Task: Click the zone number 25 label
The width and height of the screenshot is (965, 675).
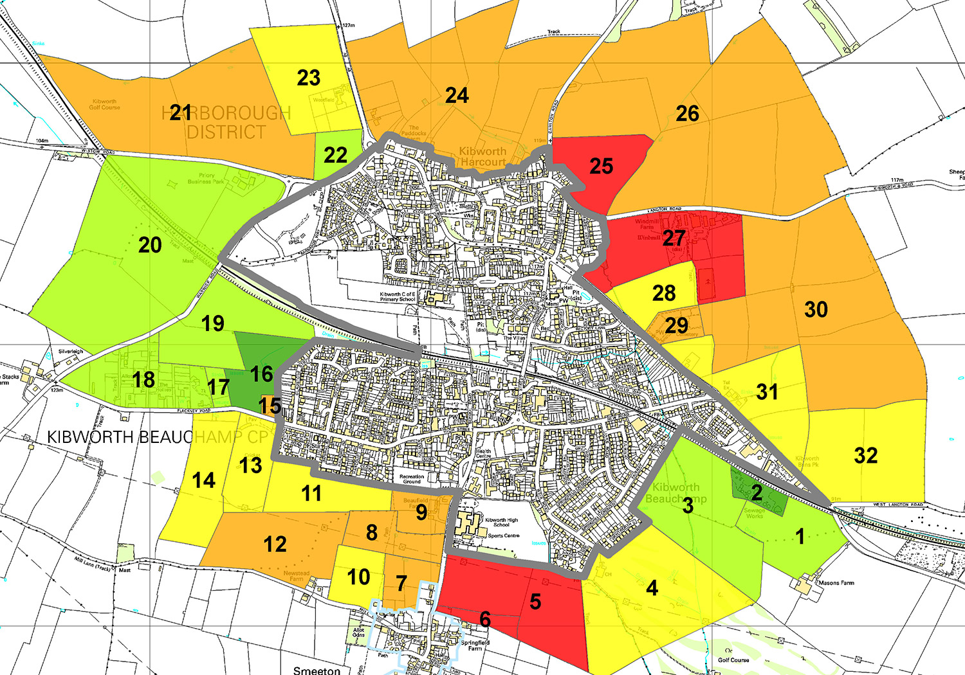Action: tap(602, 166)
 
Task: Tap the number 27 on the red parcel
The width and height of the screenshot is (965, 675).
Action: tap(674, 238)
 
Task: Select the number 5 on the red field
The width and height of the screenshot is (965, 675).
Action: tap(535, 602)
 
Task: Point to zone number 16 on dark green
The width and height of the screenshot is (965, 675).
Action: tap(262, 373)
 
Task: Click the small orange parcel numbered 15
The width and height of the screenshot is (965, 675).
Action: tap(270, 406)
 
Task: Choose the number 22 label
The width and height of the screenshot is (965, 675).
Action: tap(335, 155)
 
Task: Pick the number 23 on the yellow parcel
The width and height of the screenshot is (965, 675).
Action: tap(309, 78)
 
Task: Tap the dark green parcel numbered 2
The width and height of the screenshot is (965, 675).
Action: tap(757, 493)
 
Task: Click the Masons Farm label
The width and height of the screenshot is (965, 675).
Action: tap(836, 583)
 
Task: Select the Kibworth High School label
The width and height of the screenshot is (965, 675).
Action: tap(501, 523)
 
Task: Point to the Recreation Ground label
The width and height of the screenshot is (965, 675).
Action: tap(412, 479)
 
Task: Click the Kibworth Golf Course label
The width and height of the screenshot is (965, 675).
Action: tap(104, 104)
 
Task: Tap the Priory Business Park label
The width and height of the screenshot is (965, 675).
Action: tap(207, 178)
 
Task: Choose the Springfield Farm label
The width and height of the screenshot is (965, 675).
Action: tap(475, 645)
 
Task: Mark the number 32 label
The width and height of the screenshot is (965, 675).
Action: tap(866, 456)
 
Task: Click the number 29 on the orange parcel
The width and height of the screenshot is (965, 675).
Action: tap(676, 325)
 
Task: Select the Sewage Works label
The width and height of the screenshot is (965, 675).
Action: tap(755, 513)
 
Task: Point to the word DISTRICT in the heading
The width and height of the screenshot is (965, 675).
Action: tap(226, 132)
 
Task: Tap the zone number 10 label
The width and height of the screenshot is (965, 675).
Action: tap(358, 577)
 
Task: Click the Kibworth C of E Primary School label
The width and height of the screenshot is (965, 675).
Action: tap(398, 296)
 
